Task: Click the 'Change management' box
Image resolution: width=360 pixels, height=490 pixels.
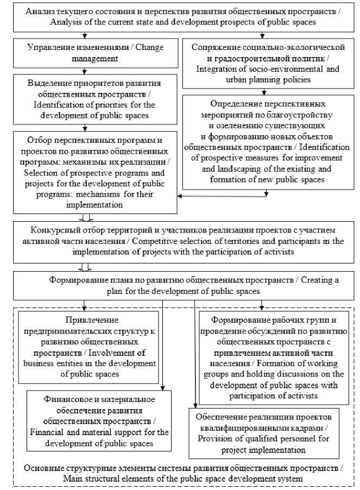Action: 84,53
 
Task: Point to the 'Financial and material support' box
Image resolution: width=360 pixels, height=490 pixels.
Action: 99,421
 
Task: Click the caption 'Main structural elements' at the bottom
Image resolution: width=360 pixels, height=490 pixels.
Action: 183,473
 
